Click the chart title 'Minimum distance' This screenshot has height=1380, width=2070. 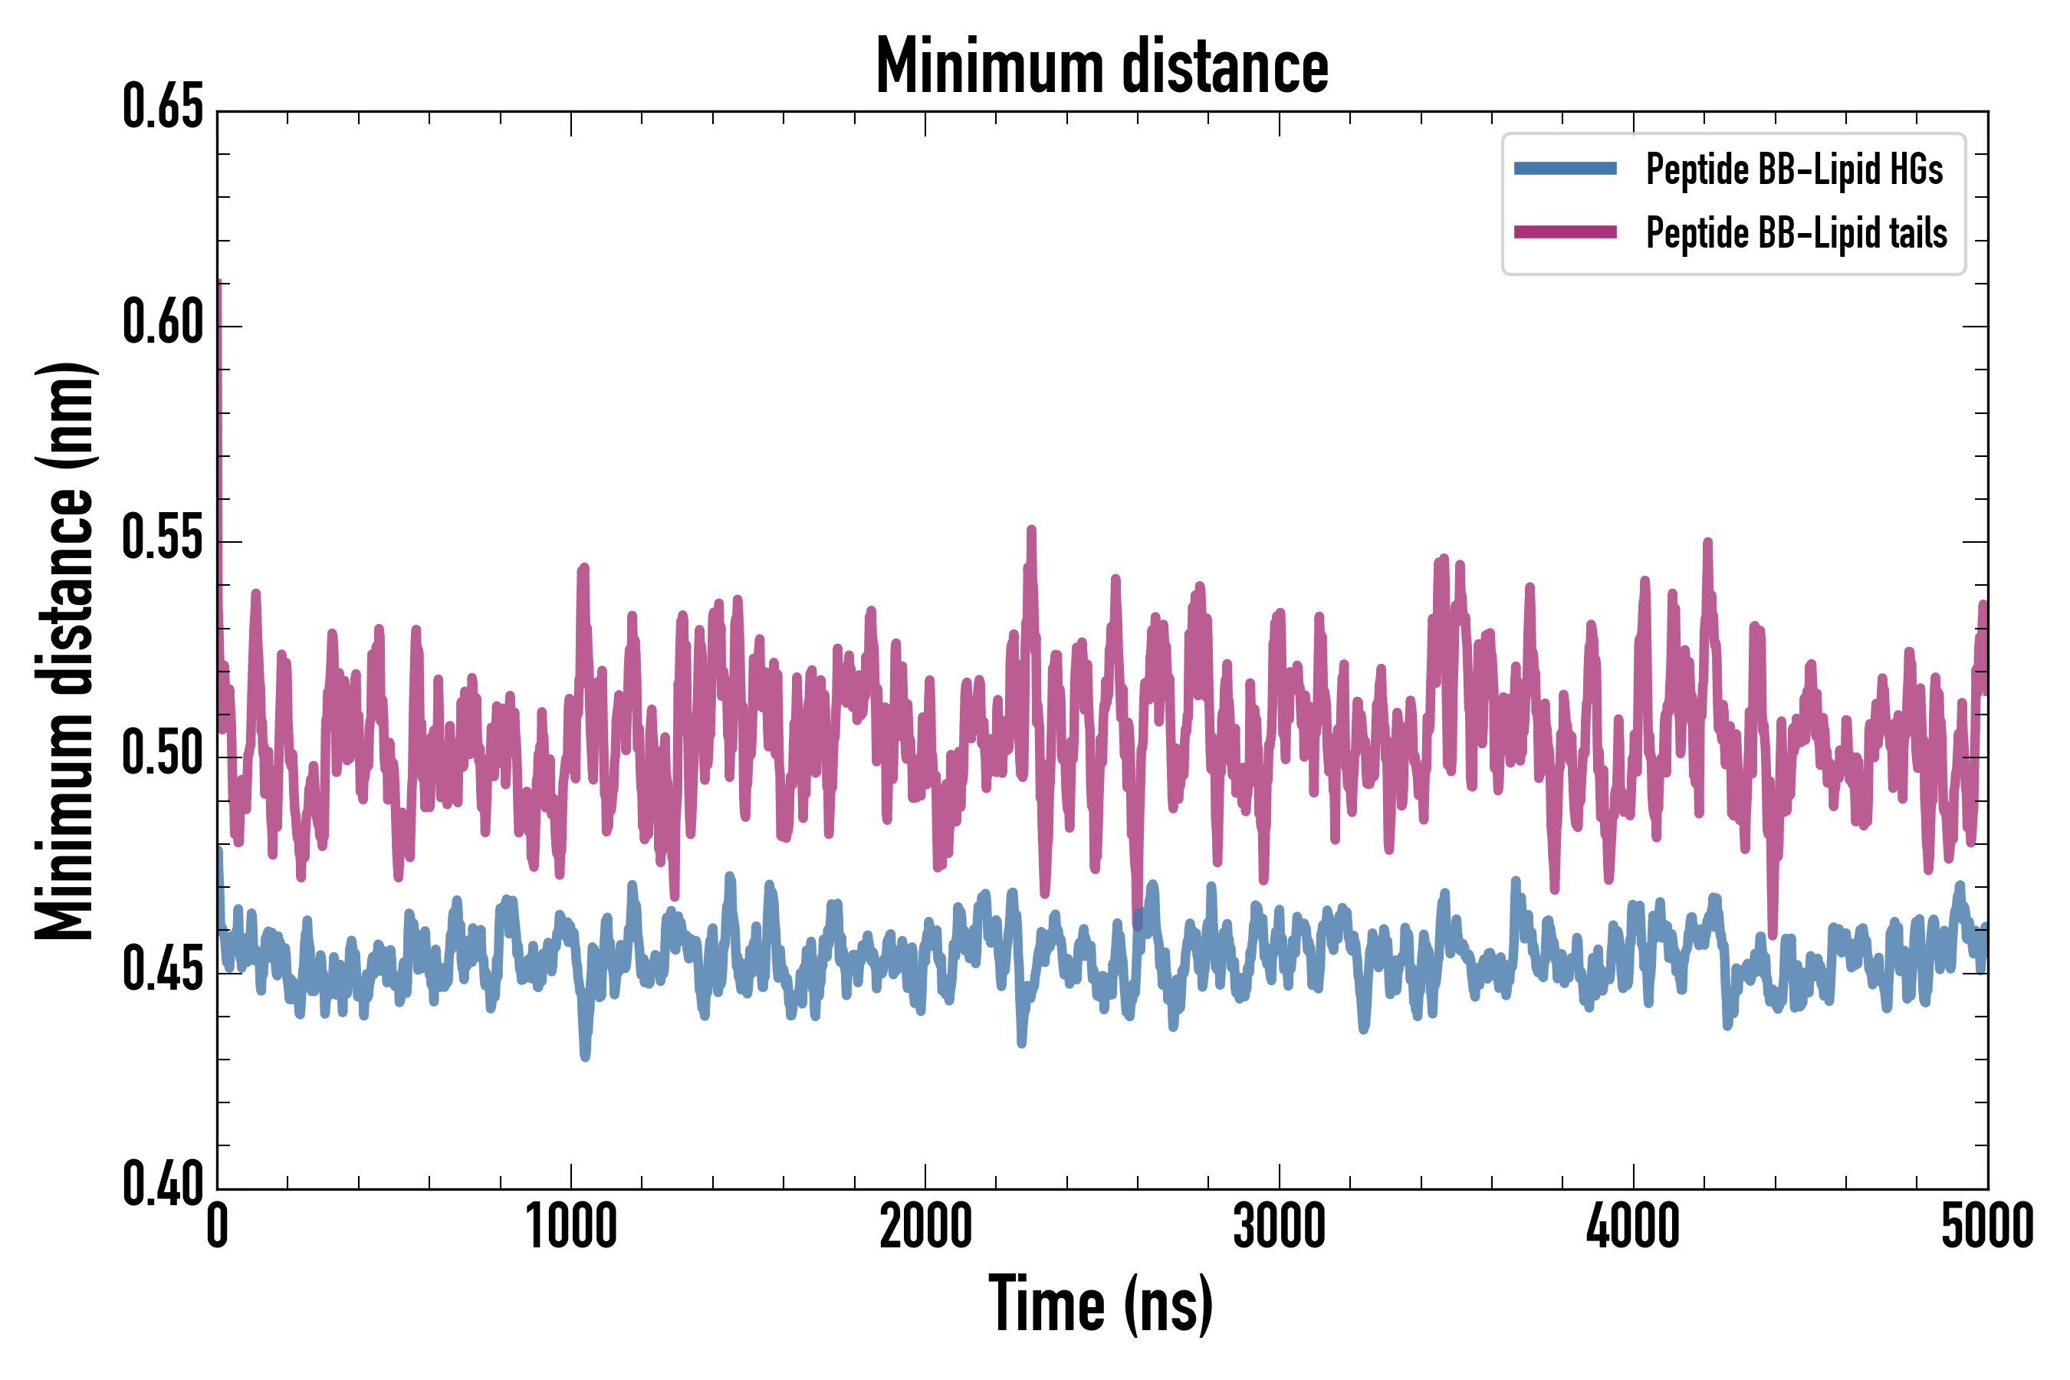pos(1101,66)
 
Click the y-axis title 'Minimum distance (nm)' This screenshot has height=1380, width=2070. pos(64,651)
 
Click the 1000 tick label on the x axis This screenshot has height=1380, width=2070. pos(571,1226)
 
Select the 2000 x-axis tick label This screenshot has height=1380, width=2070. pos(925,1226)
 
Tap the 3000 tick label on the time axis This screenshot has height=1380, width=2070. pos(1279,1226)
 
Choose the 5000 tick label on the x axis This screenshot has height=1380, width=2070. pos(1986,1226)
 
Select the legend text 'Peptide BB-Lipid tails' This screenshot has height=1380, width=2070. pos(1796,233)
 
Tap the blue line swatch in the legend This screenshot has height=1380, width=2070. pos(1565,169)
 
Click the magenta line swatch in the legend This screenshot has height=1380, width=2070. pos(1565,232)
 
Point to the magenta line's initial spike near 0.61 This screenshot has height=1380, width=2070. pos(219,286)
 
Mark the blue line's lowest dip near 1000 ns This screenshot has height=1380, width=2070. pos(585,1054)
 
